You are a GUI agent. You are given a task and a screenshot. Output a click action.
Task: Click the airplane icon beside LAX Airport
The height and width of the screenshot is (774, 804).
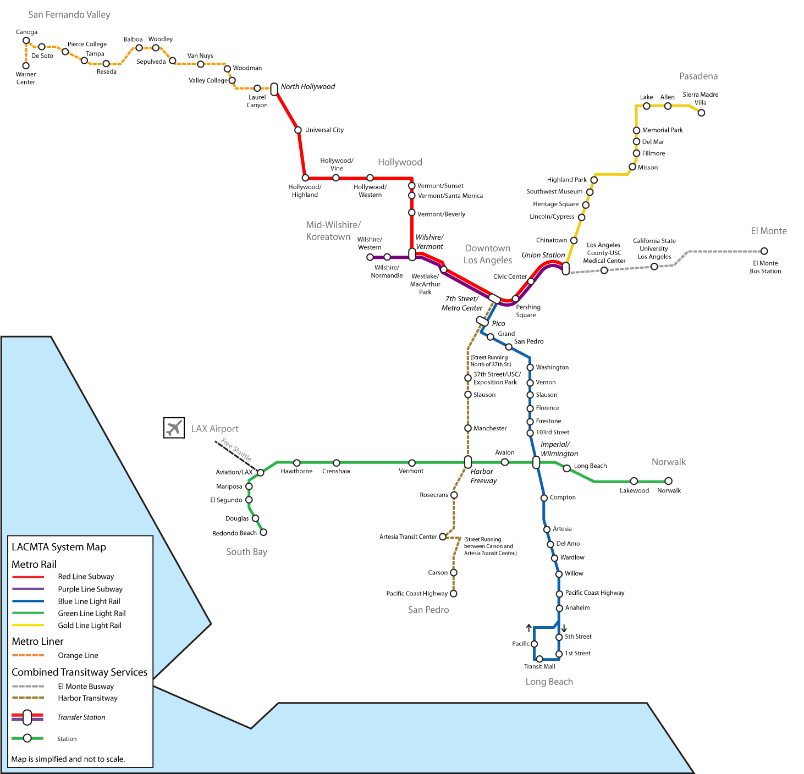click(x=174, y=428)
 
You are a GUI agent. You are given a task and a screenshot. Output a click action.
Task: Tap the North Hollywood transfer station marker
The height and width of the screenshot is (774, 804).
click(x=274, y=89)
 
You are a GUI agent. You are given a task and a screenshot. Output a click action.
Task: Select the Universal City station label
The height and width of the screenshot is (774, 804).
click(x=324, y=130)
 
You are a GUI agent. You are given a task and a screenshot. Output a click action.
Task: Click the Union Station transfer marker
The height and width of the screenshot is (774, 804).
click(x=565, y=268)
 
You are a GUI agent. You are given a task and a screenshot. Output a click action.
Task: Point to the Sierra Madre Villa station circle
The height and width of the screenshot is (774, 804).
click(x=701, y=113)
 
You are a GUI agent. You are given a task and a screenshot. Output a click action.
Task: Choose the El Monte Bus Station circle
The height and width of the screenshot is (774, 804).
click(x=764, y=251)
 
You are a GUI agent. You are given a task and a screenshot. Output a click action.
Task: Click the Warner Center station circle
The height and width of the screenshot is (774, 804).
click(x=26, y=66)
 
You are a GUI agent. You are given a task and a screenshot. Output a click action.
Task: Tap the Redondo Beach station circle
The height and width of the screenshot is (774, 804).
click(x=263, y=532)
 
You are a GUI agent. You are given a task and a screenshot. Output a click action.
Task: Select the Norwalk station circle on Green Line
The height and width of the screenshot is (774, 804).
click(x=669, y=481)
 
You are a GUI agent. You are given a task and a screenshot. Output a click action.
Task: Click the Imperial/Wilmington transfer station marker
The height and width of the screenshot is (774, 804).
click(x=536, y=462)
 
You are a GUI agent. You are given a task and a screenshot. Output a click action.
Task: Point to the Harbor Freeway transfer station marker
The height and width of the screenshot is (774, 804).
click(x=468, y=462)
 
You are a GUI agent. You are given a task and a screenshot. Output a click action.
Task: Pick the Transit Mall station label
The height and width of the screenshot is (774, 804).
click(x=539, y=667)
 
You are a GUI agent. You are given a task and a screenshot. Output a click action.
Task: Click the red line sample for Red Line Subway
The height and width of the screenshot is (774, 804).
click(x=28, y=577)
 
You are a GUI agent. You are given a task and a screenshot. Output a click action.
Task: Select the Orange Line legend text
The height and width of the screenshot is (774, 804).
click(x=78, y=655)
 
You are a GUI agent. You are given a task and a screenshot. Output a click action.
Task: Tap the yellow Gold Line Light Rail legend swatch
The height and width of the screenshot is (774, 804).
click(x=28, y=625)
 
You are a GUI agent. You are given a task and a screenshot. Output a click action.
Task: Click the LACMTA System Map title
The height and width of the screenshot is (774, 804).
click(x=59, y=547)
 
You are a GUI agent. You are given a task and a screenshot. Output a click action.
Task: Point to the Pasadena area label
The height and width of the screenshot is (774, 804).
click(x=698, y=76)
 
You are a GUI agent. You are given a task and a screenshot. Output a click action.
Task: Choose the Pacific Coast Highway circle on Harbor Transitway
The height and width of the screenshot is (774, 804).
click(x=454, y=593)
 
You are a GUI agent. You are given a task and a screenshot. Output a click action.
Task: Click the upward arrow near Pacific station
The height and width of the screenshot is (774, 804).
click(x=528, y=628)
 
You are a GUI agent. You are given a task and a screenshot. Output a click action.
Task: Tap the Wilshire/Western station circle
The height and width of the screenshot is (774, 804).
click(x=370, y=257)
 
